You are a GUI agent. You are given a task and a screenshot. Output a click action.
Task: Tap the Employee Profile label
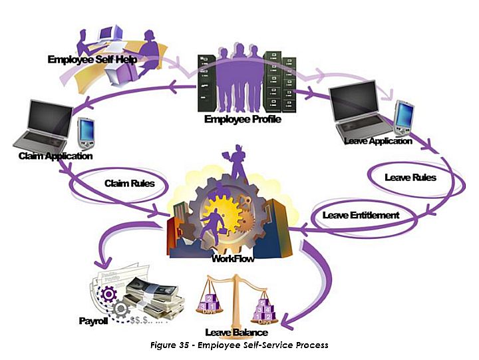tap(243, 120)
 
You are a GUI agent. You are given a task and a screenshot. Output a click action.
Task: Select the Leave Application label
tap(379, 141)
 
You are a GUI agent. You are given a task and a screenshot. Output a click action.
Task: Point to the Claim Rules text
tap(130, 182)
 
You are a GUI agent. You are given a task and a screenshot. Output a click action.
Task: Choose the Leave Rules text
tap(410, 178)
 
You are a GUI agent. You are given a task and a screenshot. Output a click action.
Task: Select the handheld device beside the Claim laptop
tap(84, 131)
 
